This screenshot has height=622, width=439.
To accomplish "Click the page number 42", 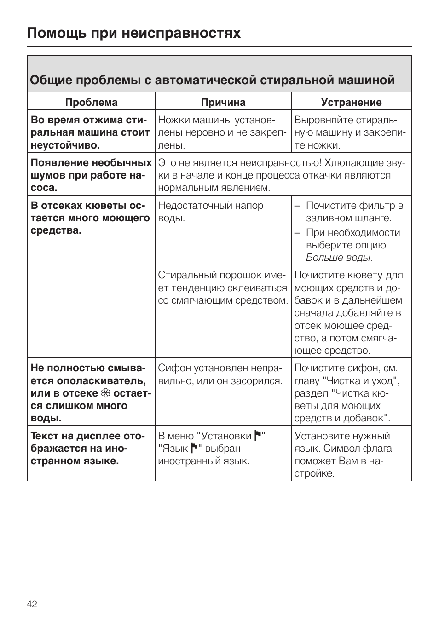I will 32,604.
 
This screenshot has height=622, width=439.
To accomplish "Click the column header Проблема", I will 91,102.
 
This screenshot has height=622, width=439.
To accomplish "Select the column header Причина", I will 223,102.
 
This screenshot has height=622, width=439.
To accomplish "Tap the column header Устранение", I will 351,102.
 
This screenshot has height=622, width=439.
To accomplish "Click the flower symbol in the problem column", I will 105,393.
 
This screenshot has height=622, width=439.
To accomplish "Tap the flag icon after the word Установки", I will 258,436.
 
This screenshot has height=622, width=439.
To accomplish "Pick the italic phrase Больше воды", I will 338,258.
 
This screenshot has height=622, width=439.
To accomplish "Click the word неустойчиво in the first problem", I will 64,145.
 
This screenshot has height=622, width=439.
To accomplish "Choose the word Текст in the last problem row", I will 45,436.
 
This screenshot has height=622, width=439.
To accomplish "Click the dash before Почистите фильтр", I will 298,206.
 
